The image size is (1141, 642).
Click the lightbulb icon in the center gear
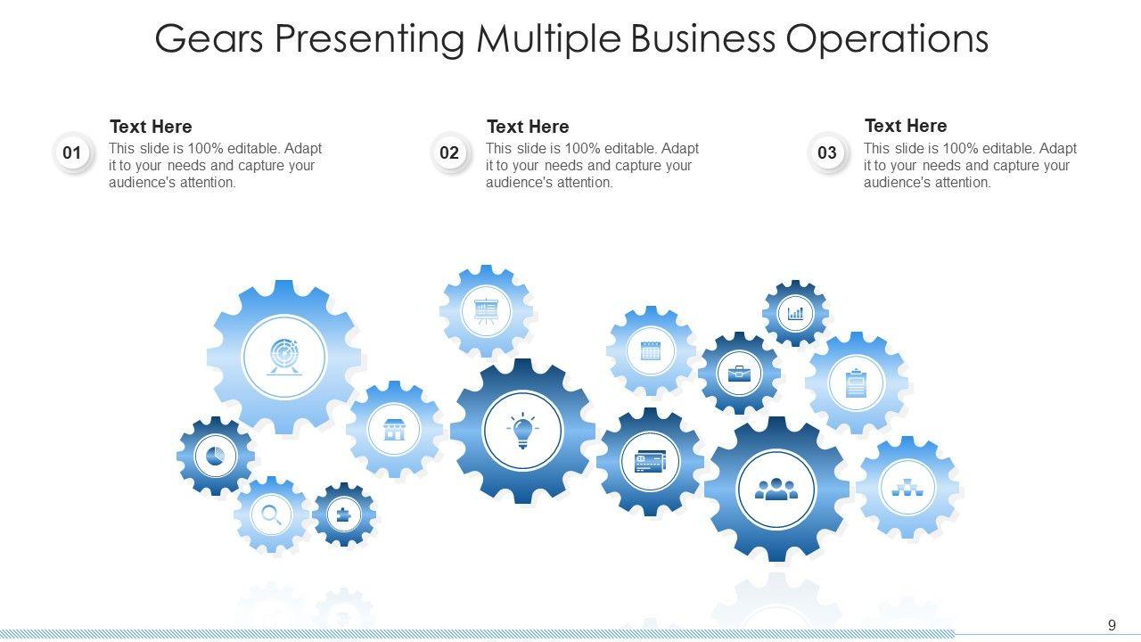pos(522,431)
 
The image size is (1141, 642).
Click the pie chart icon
pos(216,457)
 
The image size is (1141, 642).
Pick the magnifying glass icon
pos(271,514)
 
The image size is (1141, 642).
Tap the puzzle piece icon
pos(344,514)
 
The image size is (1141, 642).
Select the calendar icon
pos(651,350)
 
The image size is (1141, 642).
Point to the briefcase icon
pos(738,373)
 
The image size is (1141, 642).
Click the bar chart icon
pos(795,313)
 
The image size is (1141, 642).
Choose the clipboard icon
pos(856,383)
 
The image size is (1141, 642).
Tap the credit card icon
pos(650,462)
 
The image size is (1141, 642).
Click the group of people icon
pos(776,489)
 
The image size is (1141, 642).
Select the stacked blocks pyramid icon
pos(907,487)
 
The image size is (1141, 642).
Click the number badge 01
pos(72,152)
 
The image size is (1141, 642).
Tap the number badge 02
pos(449,152)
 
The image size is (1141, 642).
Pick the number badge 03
pos(827,152)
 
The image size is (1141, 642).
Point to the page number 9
pos(1112,625)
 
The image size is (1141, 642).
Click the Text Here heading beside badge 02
pos(528,127)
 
